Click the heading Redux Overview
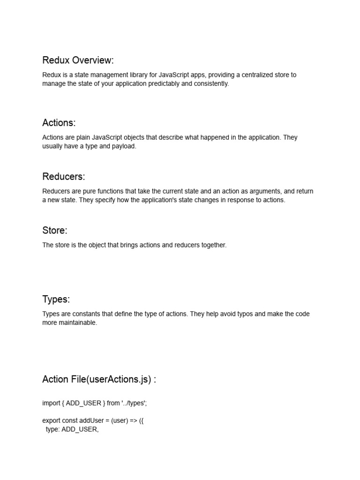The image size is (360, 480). click(x=78, y=60)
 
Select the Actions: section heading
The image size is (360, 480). click(x=59, y=123)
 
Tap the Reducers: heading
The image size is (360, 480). click(x=63, y=177)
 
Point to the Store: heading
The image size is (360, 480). click(x=54, y=231)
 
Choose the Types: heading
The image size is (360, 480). click(x=56, y=299)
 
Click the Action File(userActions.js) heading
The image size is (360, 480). click(x=99, y=379)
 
